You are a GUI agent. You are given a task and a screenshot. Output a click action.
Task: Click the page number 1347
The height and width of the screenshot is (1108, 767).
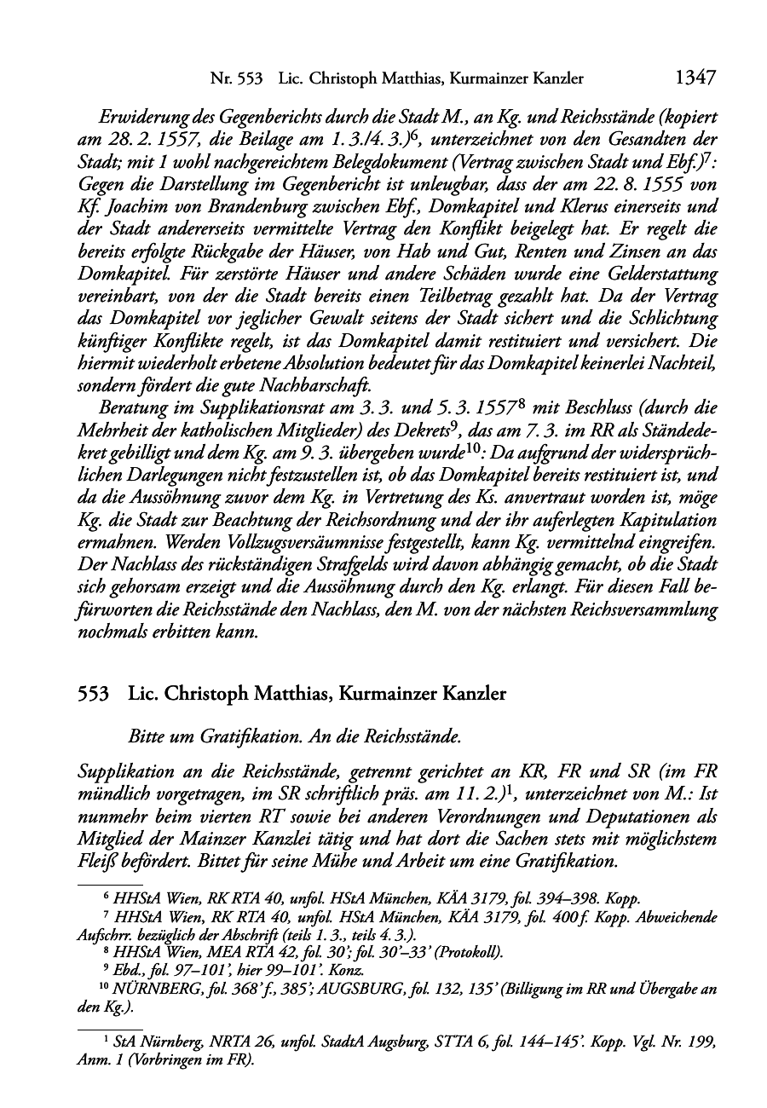click(694, 78)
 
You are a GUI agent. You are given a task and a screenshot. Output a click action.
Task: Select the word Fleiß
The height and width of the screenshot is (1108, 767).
click(95, 862)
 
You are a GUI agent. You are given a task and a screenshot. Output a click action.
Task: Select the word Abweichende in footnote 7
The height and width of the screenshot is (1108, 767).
click(676, 917)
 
